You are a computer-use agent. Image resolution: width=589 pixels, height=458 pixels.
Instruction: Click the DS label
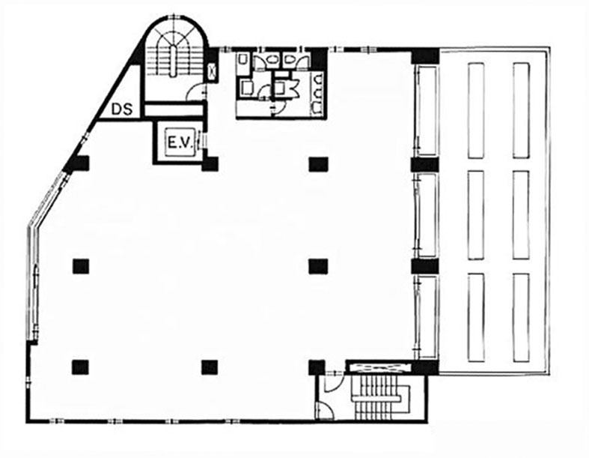(123, 109)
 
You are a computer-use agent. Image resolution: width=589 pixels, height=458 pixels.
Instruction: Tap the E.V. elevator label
(180, 143)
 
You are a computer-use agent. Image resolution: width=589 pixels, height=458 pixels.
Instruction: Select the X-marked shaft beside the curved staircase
(213, 71)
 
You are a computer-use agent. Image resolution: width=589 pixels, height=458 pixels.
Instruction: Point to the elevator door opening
(202, 141)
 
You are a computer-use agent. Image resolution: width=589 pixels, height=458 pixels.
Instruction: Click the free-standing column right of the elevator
(319, 164)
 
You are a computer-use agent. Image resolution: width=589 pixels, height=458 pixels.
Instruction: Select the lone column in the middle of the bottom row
(210, 368)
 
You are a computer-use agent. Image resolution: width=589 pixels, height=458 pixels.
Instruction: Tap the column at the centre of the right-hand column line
(318, 266)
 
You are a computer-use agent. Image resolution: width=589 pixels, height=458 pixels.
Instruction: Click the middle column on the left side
(81, 266)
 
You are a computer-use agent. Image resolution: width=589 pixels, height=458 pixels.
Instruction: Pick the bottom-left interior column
(80, 367)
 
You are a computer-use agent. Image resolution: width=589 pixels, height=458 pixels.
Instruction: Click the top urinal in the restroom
(319, 79)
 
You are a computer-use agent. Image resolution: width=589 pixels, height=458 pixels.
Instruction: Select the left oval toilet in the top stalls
(270, 60)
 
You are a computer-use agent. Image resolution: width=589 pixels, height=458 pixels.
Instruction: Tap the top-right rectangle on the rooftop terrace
(521, 111)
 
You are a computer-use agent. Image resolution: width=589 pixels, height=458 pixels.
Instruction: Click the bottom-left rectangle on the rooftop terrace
(476, 318)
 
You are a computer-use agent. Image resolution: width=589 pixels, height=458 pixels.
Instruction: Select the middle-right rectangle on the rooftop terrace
(521, 215)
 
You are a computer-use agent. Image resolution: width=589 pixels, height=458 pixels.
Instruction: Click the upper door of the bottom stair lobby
(333, 383)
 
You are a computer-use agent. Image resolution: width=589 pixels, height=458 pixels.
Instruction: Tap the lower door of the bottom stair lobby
(324, 410)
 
